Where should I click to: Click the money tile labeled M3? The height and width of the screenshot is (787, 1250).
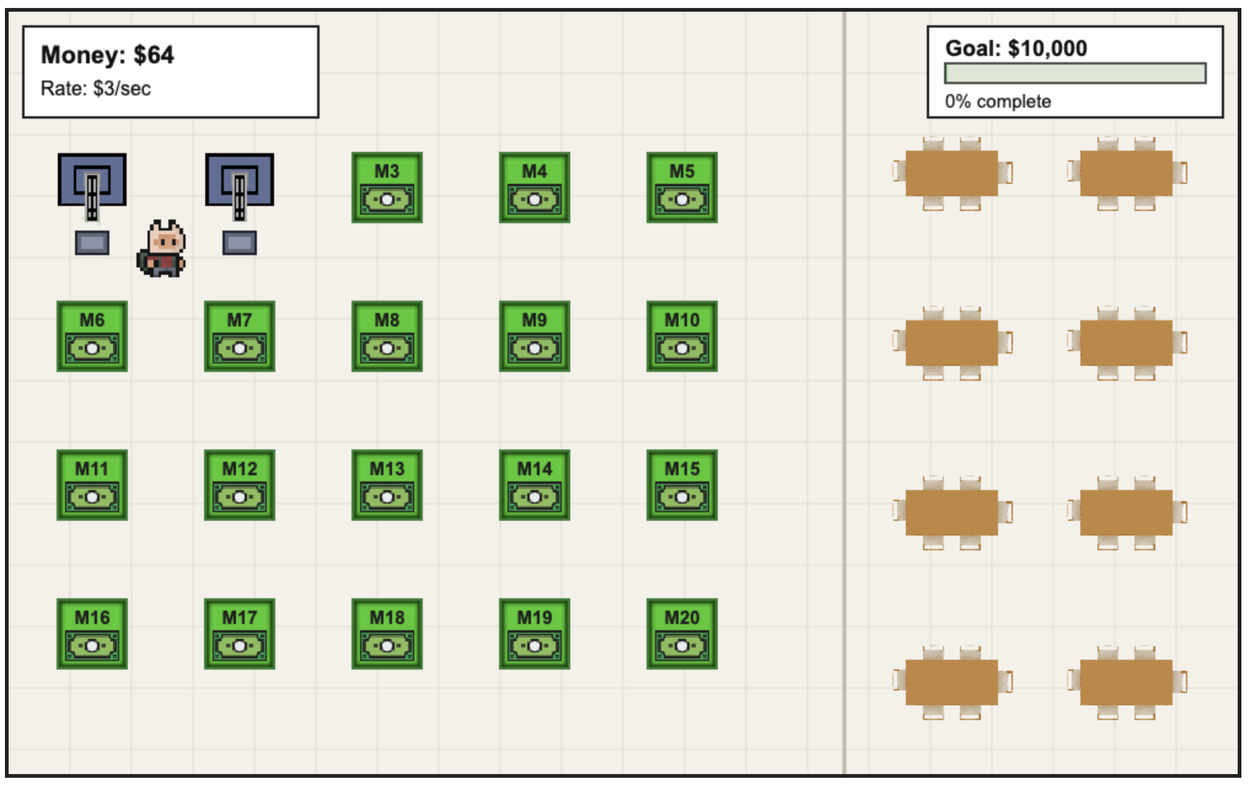[387, 188]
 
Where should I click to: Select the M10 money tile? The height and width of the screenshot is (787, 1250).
[682, 336]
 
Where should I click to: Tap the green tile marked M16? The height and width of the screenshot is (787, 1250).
[92, 634]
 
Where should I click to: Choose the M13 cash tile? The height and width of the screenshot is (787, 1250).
[387, 485]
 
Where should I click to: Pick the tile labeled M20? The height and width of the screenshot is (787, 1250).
[682, 634]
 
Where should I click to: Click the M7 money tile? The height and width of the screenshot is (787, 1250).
[240, 336]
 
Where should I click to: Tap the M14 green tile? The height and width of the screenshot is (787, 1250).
[534, 485]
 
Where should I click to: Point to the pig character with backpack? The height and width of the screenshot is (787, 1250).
[162, 249]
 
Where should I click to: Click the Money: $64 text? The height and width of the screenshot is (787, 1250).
[108, 55]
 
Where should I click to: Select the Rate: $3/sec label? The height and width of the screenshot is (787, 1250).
[96, 89]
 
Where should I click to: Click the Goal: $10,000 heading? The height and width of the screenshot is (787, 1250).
[1016, 48]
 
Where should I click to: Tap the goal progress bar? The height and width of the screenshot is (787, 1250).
[1075, 73]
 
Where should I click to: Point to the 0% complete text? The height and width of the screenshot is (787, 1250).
[997, 101]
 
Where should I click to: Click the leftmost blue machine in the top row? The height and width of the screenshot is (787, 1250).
[92, 180]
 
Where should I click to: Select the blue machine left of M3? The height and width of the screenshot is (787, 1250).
[240, 180]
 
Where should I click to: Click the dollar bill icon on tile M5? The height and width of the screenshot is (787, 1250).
[682, 200]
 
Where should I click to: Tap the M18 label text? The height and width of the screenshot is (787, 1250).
[387, 617]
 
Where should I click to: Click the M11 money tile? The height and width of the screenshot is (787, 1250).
[92, 485]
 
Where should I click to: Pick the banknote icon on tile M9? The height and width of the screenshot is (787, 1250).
[534, 349]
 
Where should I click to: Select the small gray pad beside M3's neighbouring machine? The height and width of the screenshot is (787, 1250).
[240, 243]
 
